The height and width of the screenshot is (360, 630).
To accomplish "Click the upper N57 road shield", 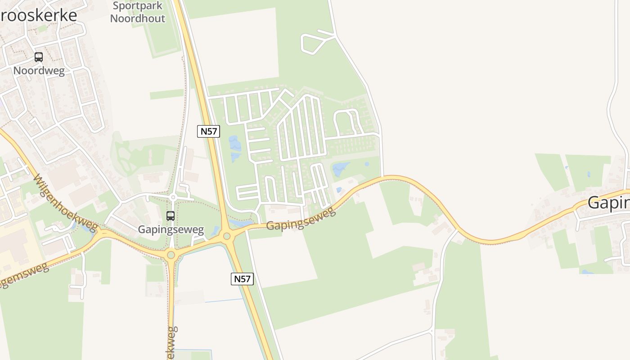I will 208,131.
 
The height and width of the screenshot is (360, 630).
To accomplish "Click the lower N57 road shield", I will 242,279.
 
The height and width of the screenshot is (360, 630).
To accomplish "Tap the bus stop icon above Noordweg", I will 39,57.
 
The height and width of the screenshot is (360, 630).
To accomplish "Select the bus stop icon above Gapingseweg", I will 171,216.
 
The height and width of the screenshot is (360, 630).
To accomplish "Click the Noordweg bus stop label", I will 39,71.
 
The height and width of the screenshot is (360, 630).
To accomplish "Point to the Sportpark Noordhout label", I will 138,12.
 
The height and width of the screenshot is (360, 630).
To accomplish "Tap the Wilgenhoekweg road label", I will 66,203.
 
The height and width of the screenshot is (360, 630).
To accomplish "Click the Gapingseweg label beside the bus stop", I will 171,229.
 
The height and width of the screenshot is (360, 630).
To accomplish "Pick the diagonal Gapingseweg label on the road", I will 301,219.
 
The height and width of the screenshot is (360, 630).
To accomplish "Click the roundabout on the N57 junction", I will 227,236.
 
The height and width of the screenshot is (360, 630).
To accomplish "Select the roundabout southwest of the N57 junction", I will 171,255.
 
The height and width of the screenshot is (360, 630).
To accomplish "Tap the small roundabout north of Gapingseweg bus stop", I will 173,197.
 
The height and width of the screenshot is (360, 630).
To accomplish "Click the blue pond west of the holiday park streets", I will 235,148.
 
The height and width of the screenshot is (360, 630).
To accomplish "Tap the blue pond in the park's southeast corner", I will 341,169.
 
